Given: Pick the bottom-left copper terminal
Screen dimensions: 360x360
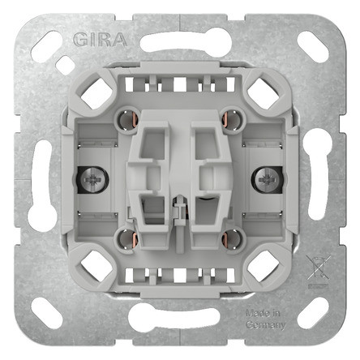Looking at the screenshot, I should point(126,238).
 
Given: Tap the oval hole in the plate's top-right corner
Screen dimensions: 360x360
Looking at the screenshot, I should point(312,44).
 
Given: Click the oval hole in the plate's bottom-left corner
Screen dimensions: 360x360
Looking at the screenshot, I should point(46,314).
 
